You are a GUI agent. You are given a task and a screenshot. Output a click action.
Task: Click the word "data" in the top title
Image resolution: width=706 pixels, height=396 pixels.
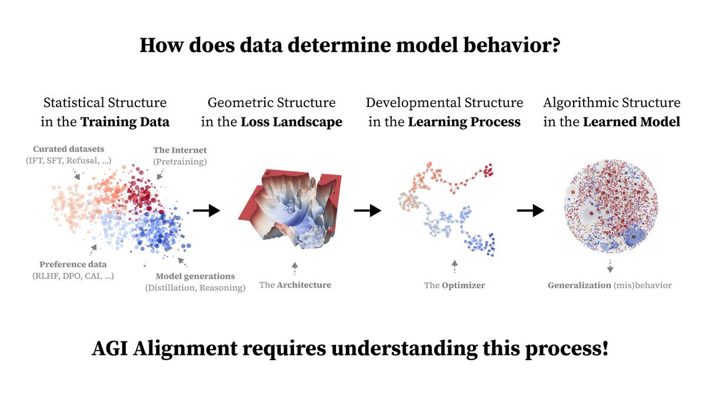pyautogui.click(x=261, y=45)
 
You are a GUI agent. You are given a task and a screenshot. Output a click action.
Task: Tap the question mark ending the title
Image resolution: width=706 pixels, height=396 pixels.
pyautogui.click(x=555, y=45)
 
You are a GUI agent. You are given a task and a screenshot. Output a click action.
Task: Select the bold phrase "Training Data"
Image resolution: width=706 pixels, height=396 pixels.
pyautogui.click(x=125, y=122)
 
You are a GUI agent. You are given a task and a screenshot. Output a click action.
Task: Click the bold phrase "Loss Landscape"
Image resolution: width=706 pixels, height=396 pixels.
pyautogui.click(x=292, y=122)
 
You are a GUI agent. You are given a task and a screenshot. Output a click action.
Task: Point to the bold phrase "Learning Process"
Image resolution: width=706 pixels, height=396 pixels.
pyautogui.click(x=464, y=122)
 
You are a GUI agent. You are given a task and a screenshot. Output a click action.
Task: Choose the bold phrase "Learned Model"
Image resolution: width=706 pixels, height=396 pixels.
pyautogui.click(x=632, y=122)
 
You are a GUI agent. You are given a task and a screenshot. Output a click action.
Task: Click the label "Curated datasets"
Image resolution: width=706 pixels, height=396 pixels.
pyautogui.click(x=68, y=149)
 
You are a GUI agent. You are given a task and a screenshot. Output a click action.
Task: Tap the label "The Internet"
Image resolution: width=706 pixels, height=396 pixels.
pyautogui.click(x=180, y=150)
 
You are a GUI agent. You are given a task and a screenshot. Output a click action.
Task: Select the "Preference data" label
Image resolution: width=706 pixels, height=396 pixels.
pyautogui.click(x=73, y=264)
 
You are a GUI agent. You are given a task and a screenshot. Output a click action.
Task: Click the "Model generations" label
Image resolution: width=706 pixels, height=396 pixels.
pyautogui.click(x=195, y=276)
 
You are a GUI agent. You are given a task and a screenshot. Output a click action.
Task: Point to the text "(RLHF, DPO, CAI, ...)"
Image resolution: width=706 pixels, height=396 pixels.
pyautogui.click(x=73, y=276)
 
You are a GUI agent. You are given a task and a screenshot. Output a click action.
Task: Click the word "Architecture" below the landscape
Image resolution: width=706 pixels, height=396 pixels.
pyautogui.click(x=304, y=285)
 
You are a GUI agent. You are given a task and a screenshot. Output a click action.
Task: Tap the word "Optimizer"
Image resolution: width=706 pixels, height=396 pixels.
pyautogui.click(x=464, y=286)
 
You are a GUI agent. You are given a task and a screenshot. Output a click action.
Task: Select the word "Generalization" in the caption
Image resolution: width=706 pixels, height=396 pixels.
pyautogui.click(x=580, y=285)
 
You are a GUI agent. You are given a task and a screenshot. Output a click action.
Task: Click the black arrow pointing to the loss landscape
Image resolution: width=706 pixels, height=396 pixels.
pyautogui.click(x=207, y=210)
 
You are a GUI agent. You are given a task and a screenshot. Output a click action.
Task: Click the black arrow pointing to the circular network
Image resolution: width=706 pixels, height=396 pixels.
pyautogui.click(x=531, y=210)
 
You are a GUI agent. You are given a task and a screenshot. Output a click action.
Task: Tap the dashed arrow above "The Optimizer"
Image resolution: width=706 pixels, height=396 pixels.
pyautogui.click(x=454, y=267)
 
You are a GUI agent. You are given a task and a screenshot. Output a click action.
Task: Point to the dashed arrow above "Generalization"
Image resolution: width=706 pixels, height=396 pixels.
pyautogui.click(x=610, y=266)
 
